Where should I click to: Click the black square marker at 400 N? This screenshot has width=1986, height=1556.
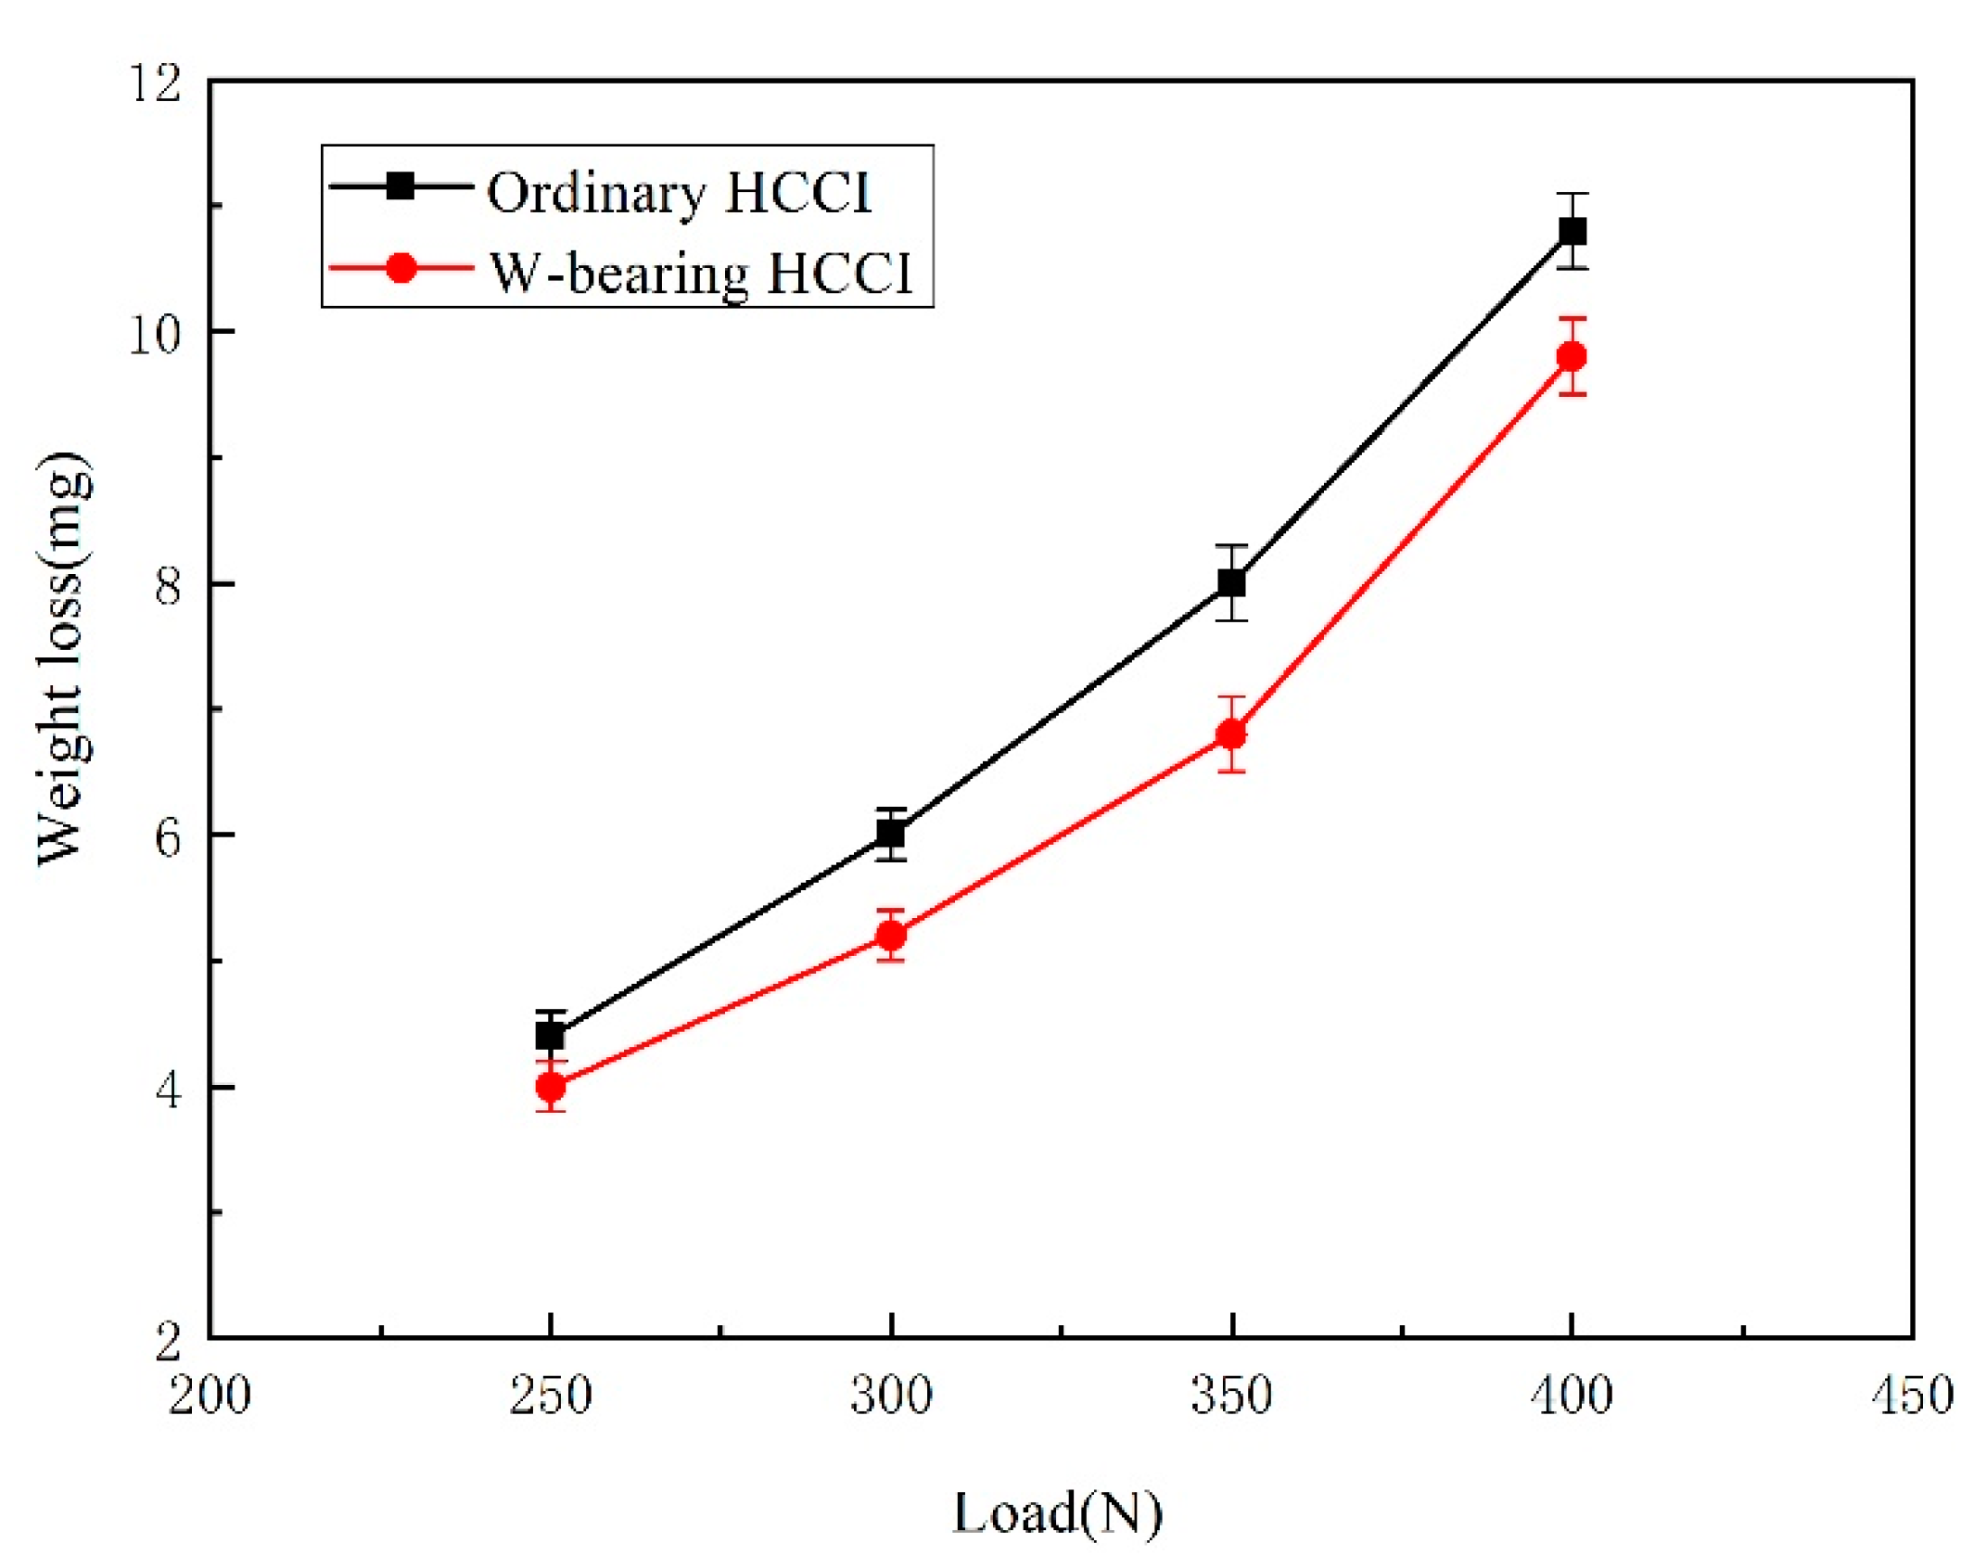(x=1572, y=231)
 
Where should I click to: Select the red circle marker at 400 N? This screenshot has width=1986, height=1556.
(x=1572, y=356)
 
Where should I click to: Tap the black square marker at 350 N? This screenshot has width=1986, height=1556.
(x=1231, y=582)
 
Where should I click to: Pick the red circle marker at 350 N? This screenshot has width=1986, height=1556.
(x=1231, y=733)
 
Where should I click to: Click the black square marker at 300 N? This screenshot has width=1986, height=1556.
(x=891, y=835)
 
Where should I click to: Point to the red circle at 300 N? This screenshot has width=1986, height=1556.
(x=891, y=936)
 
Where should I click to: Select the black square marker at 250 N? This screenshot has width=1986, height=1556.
(x=551, y=1035)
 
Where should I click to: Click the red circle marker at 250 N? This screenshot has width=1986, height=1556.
(x=551, y=1085)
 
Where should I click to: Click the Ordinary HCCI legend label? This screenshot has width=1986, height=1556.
(x=679, y=193)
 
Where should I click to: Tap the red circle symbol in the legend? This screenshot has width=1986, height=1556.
(x=401, y=269)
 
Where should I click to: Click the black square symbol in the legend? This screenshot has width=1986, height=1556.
(x=401, y=186)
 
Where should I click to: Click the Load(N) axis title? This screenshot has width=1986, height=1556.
(x=1057, y=1513)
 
